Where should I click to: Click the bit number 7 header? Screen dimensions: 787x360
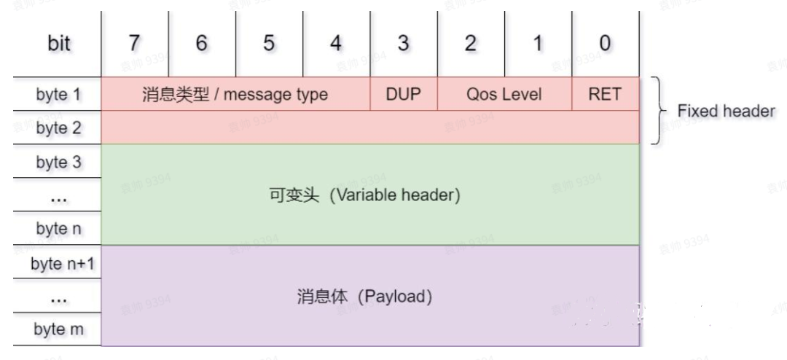click(x=134, y=44)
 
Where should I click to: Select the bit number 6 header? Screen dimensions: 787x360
click(x=201, y=44)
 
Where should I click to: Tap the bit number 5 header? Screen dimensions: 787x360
click(x=269, y=44)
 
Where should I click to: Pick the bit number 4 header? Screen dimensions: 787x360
click(x=336, y=44)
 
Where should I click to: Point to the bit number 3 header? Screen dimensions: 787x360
click(x=403, y=44)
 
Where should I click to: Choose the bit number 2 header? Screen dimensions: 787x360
click(x=471, y=44)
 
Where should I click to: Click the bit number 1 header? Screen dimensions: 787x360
click(x=538, y=44)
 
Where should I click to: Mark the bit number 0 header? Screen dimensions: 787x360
click(x=605, y=44)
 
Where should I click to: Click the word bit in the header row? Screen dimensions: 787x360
click(x=59, y=44)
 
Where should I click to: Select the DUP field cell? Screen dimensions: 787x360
click(x=404, y=94)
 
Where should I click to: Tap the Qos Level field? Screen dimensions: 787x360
click(x=504, y=94)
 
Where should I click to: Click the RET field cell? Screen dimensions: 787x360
click(x=605, y=94)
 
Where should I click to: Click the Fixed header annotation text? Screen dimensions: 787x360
click(x=726, y=111)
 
